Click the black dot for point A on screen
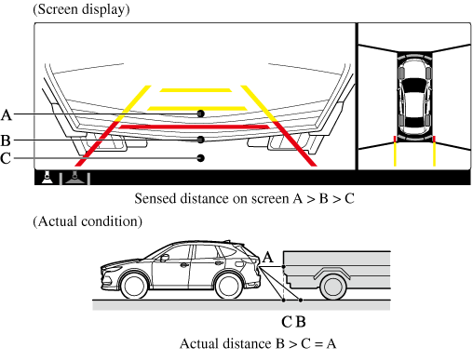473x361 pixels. tap(201, 114)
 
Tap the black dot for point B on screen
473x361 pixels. tap(201, 140)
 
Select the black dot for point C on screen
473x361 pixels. tap(201, 158)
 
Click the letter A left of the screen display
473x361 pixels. tap(7, 115)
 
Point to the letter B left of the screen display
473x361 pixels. tap(6, 140)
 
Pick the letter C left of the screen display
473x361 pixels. tap(6, 158)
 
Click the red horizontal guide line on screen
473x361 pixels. tap(195, 127)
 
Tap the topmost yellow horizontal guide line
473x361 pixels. tap(196, 90)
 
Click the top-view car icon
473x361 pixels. tap(414, 97)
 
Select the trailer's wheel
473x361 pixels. tap(332, 287)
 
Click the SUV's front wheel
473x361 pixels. tap(134, 286)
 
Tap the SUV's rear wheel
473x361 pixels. tap(228, 286)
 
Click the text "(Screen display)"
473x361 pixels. tap(81, 9)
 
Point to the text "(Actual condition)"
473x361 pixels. tap(88, 221)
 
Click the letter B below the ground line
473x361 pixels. tap(302, 322)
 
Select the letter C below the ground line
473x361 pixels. tap(287, 322)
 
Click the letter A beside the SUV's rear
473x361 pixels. tap(268, 258)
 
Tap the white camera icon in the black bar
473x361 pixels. tap(47, 177)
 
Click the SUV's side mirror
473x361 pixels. tap(164, 258)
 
